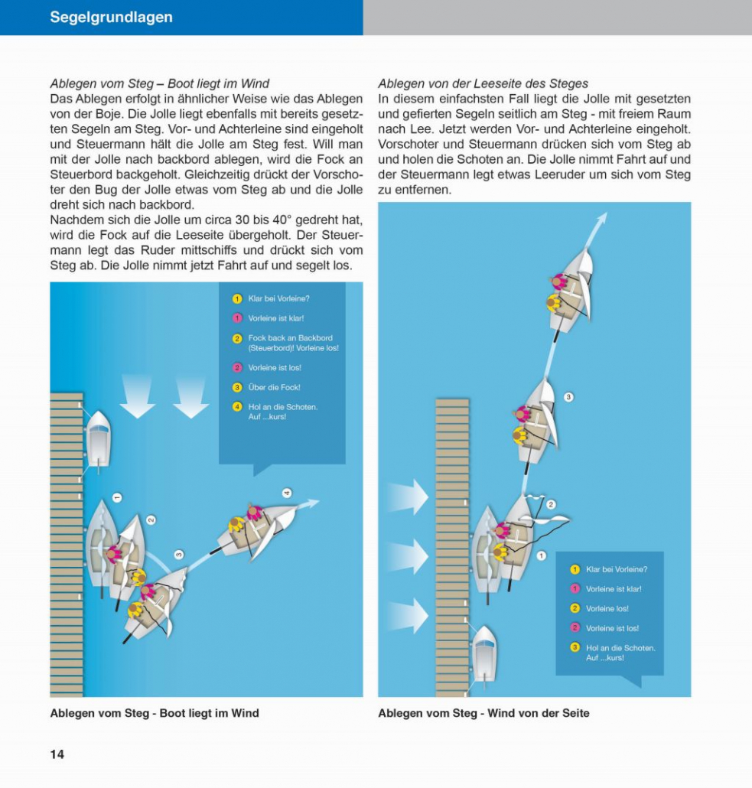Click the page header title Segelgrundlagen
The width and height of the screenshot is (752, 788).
(111, 17)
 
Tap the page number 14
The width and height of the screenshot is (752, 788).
(57, 754)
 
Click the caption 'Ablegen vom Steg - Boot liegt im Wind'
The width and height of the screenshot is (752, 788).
(155, 713)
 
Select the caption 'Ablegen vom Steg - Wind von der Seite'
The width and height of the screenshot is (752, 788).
(483, 713)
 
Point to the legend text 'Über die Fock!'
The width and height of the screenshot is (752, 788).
(274, 387)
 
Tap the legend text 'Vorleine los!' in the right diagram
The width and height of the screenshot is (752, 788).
(607, 608)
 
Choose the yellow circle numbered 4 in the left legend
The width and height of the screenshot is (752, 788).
(237, 406)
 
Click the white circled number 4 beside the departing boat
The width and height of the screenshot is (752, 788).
(286, 493)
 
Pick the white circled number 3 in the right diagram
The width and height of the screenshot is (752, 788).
(568, 396)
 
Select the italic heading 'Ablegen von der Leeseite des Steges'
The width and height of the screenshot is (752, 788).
(483, 83)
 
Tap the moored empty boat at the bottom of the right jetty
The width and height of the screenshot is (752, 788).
(484, 656)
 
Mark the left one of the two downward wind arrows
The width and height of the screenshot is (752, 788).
(138, 397)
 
